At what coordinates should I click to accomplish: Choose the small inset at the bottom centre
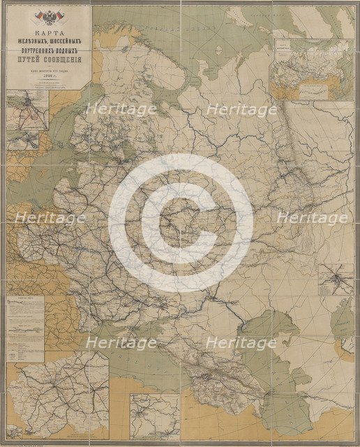point(155,416)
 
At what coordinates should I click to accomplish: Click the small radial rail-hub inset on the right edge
point(336,279)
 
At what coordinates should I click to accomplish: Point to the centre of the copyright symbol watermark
point(180,222)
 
